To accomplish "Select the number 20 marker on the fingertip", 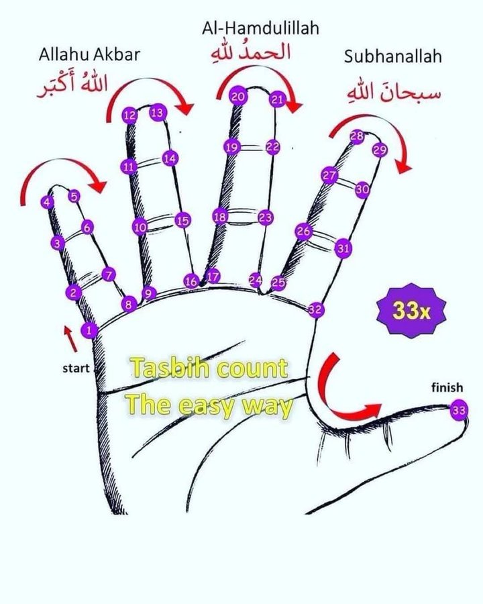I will click(238, 97).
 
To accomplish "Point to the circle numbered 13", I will click(158, 113).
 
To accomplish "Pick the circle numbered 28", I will click(357, 136).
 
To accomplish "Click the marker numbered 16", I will click(192, 282).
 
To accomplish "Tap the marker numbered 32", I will click(316, 309).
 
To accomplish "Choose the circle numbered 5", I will click(74, 196).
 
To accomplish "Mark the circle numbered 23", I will click(266, 217).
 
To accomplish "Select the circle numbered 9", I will click(149, 293).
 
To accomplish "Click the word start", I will click(76, 368).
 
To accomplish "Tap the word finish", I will click(447, 388).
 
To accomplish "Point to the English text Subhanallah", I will click(393, 56).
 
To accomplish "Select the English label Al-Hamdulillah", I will click(260, 29).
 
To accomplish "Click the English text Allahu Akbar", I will click(89, 55).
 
